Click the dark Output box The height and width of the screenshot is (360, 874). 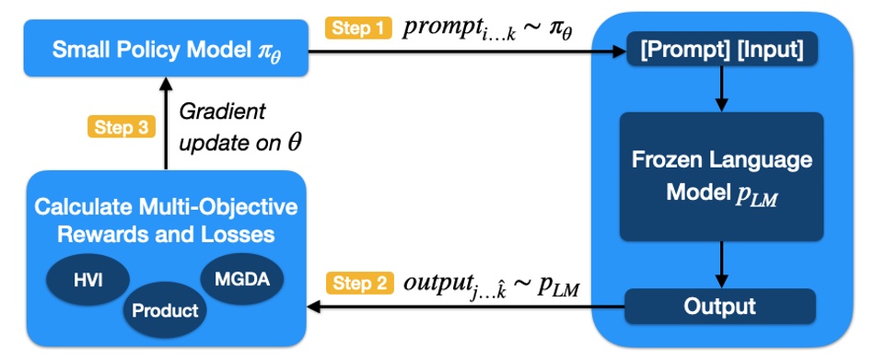(x=720, y=306)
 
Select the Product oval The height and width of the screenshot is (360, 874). (x=166, y=310)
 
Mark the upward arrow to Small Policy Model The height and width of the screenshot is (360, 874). (x=166, y=123)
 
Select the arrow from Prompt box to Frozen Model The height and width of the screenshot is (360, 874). (x=721, y=88)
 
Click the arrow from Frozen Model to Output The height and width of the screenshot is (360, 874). (x=721, y=266)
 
